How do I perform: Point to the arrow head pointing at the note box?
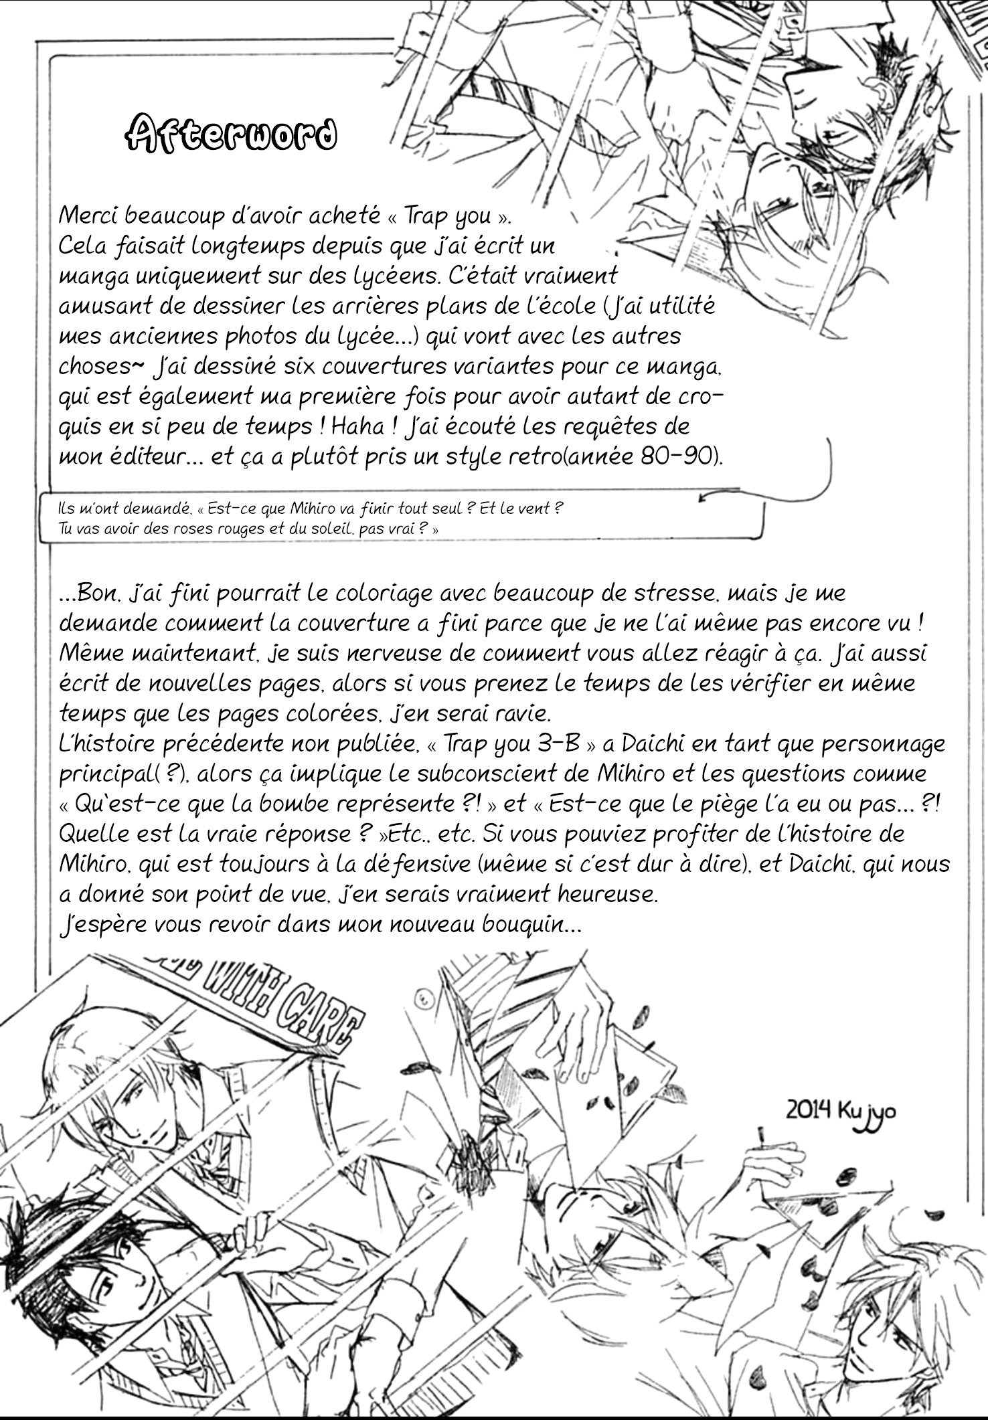coord(704,497)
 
